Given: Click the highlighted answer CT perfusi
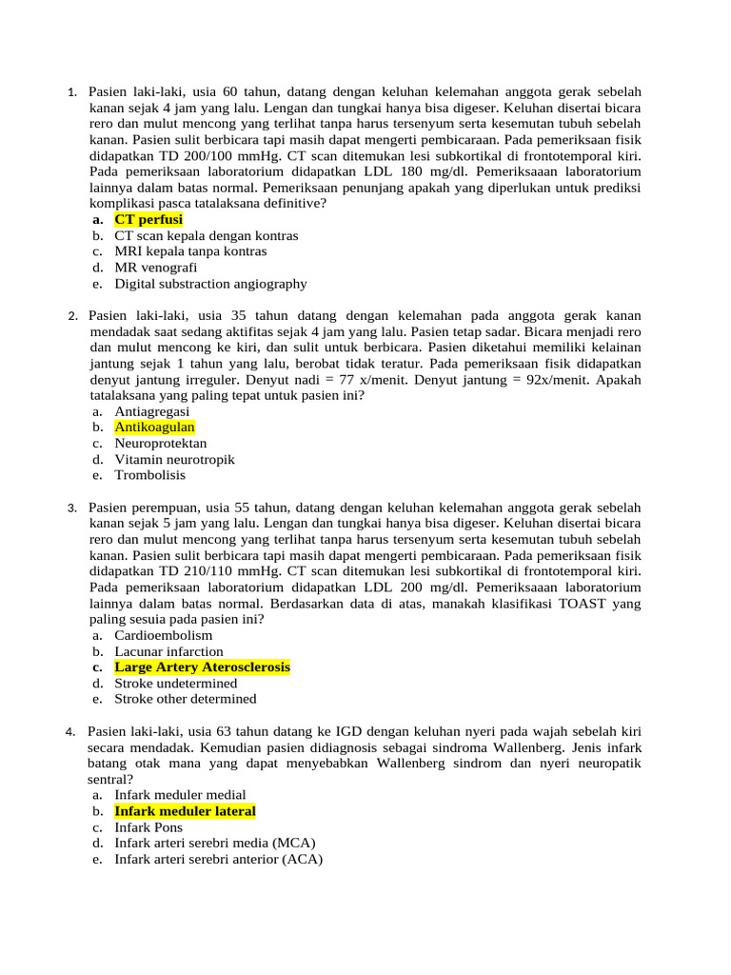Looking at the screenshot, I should click(148, 219).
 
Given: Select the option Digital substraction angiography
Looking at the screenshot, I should click(210, 284).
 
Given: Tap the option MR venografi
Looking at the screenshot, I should click(156, 268).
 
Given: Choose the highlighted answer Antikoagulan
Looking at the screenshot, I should click(154, 428).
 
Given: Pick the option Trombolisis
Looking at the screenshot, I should click(149, 475).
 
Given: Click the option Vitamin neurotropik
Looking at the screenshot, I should click(174, 459).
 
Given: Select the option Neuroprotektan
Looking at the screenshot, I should click(160, 444).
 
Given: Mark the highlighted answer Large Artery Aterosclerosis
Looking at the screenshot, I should click(202, 667).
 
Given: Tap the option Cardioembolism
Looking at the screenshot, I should click(163, 635).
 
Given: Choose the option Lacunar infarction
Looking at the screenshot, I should click(168, 651).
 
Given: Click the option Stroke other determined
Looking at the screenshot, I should click(185, 699).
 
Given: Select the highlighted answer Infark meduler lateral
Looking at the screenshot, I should click(185, 811).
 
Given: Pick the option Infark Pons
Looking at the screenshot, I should click(148, 827).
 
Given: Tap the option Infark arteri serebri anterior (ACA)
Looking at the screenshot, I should click(218, 859).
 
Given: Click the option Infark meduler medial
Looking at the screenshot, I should click(180, 795).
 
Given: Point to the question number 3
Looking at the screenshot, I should click(71, 507).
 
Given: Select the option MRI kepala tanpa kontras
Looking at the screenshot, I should click(190, 251).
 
